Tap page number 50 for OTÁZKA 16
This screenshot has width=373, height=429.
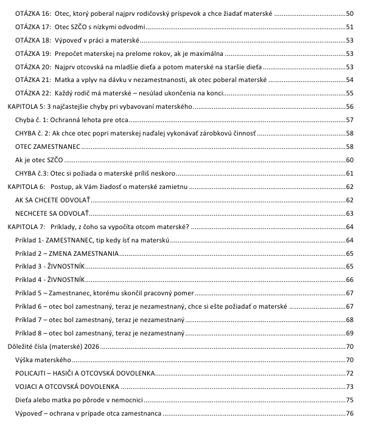[x=349, y=13]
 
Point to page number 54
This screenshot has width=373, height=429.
[x=349, y=80]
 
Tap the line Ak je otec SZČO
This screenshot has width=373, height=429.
[x=40, y=160]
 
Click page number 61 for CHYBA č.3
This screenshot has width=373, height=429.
[x=349, y=173]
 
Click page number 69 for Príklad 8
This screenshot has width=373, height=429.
[x=349, y=333]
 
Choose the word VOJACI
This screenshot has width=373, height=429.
[x=30, y=386]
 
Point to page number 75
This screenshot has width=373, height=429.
[x=349, y=400]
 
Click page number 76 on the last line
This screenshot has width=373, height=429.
[x=349, y=413]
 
